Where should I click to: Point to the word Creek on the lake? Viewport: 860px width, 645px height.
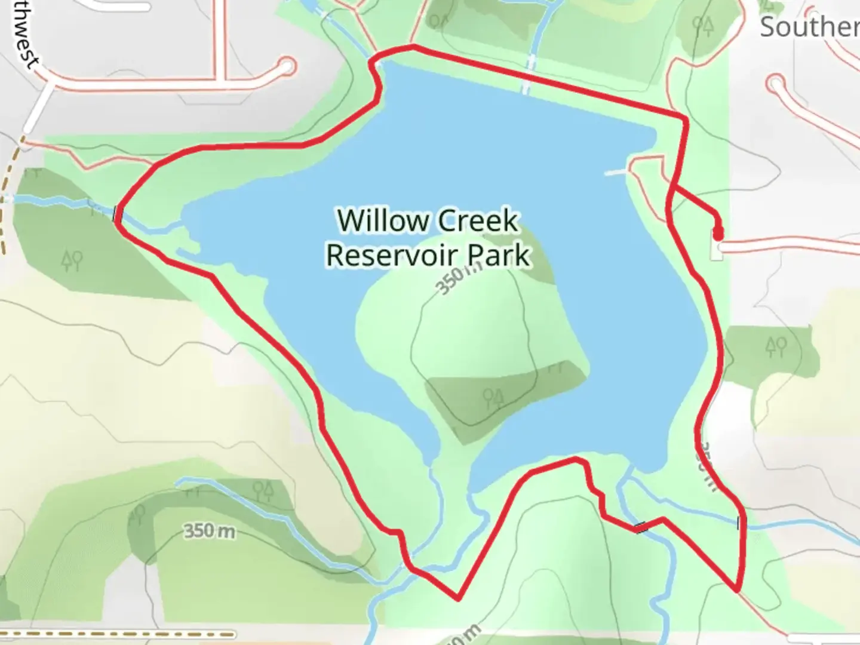(484, 221)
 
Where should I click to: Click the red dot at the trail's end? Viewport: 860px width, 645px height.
(718, 232)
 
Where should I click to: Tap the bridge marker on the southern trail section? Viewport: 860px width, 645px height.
(641, 527)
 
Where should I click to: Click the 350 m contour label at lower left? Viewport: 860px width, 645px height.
(208, 530)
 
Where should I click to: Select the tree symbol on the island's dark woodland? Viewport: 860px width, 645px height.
(494, 397)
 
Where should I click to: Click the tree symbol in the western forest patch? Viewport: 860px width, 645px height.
(72, 260)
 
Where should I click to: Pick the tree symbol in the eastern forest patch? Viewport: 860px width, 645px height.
(776, 346)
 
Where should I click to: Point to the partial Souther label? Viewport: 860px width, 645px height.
(809, 27)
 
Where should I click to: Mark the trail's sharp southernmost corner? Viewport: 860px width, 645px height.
(458, 597)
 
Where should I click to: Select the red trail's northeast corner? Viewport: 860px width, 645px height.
(684, 116)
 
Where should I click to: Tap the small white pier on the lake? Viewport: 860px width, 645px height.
(616, 173)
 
